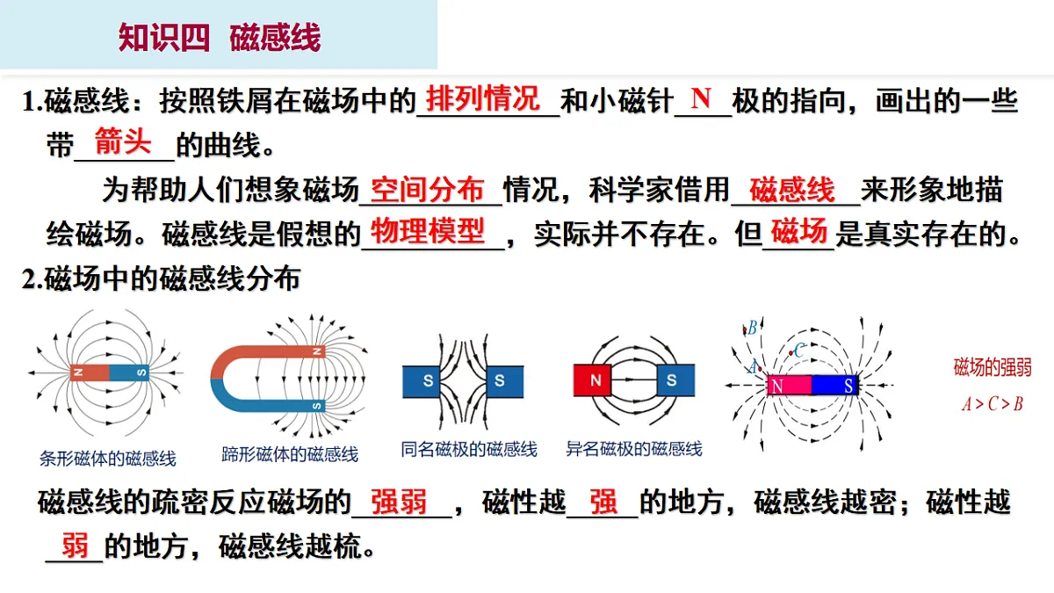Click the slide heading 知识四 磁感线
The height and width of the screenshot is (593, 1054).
click(220, 37)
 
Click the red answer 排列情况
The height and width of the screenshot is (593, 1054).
click(483, 98)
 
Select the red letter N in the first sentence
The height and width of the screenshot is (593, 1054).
click(701, 98)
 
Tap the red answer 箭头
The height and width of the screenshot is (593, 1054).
click(123, 141)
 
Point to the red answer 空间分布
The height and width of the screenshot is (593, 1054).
click(427, 190)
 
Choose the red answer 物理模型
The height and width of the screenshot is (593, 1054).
click(427, 231)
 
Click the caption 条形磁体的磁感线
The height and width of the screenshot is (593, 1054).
click(108, 458)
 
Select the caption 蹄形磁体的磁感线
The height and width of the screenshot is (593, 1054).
click(290, 454)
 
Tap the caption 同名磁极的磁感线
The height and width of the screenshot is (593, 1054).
click(469, 449)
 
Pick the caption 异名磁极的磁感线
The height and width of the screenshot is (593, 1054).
click(634, 449)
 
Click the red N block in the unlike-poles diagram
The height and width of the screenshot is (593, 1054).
click(592, 380)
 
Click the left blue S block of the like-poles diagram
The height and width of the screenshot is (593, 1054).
click(421, 381)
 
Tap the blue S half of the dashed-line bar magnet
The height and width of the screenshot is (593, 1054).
click(834, 386)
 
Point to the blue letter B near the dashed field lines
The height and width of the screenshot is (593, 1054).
click(752, 328)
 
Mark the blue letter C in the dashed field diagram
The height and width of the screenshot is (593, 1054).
click(799, 351)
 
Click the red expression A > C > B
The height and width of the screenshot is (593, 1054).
click(993, 404)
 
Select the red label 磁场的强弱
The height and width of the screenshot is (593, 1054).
click(993, 367)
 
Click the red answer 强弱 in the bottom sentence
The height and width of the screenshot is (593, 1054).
click(399, 502)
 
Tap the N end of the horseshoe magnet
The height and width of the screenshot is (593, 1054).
click(318, 351)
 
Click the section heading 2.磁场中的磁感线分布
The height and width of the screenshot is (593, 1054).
click(161, 278)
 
